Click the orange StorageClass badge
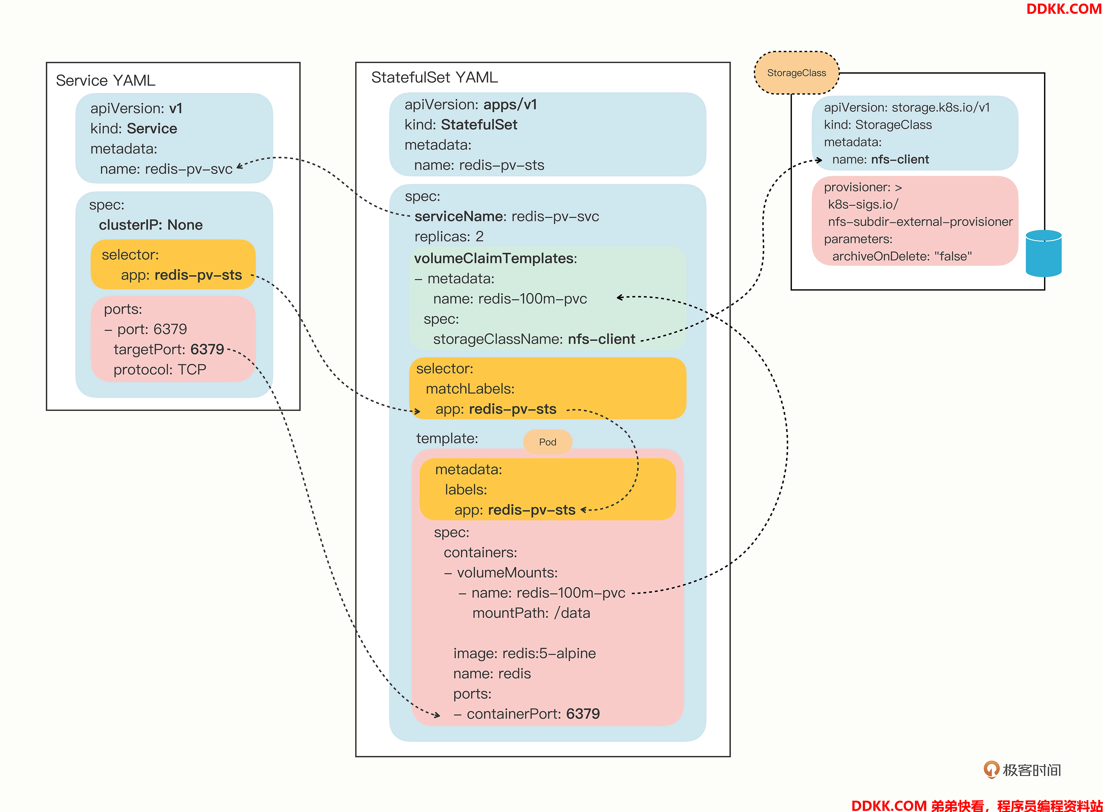point(797,73)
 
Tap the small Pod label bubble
point(547,442)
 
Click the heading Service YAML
point(106,80)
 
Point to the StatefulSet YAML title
point(434,77)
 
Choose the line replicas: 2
point(449,236)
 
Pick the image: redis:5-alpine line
point(524,653)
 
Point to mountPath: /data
point(531,613)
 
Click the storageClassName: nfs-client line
point(534,339)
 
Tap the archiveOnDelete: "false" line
point(902,256)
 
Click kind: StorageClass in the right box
point(878,125)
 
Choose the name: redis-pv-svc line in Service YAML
point(166,169)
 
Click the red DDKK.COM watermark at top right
point(1064,9)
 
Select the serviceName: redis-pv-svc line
point(507,216)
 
